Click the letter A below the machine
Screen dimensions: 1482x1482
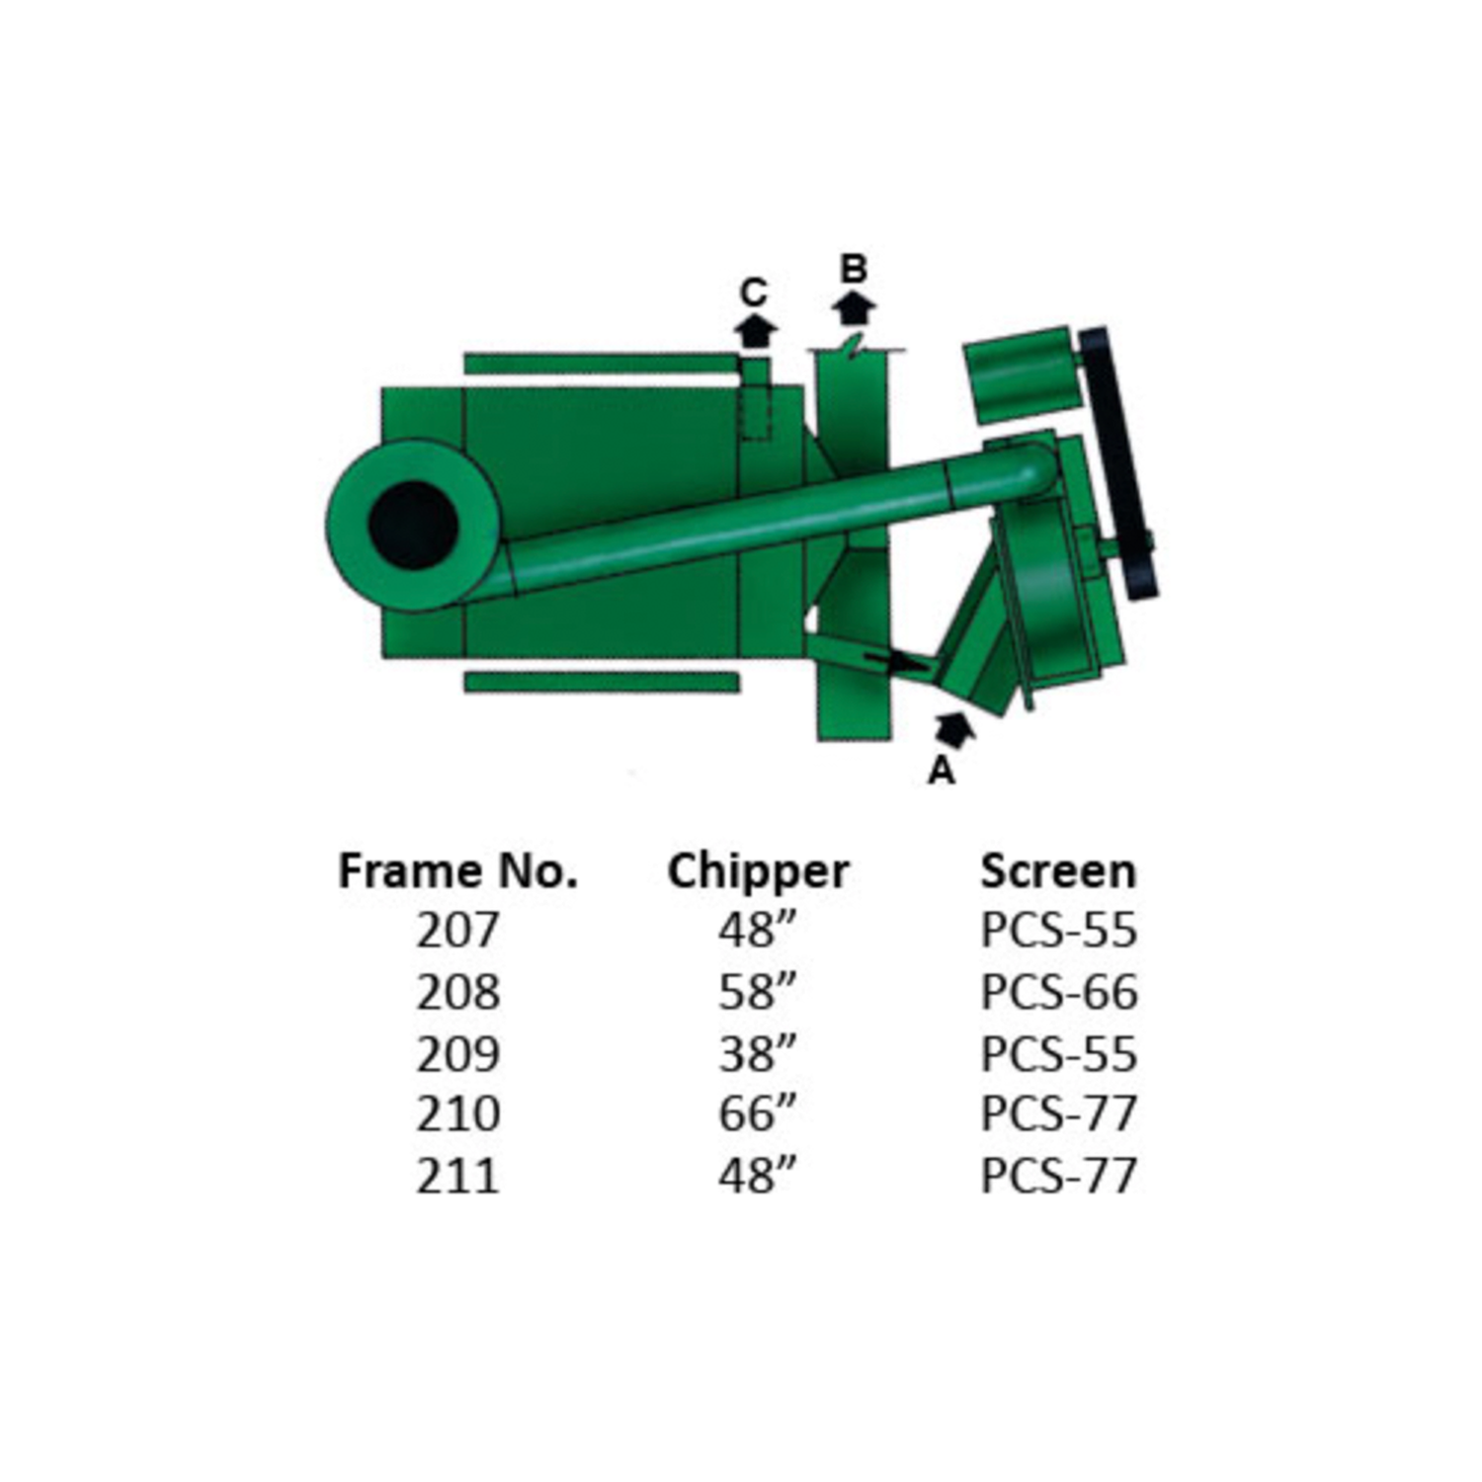pyautogui.click(x=942, y=770)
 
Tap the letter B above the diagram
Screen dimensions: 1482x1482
pyautogui.click(x=854, y=269)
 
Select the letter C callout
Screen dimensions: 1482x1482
pyautogui.click(x=754, y=292)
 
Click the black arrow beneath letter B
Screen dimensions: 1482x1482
pyautogui.click(x=854, y=307)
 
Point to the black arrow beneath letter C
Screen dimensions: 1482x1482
pyautogui.click(x=755, y=330)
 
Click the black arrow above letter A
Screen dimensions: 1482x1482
pyautogui.click(x=954, y=729)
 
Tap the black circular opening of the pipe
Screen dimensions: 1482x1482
pyautogui.click(x=413, y=525)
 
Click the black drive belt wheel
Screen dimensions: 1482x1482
pyautogui.click(x=1117, y=461)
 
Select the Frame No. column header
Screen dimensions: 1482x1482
pyautogui.click(x=457, y=871)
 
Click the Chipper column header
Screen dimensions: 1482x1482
pyautogui.click(x=758, y=871)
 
